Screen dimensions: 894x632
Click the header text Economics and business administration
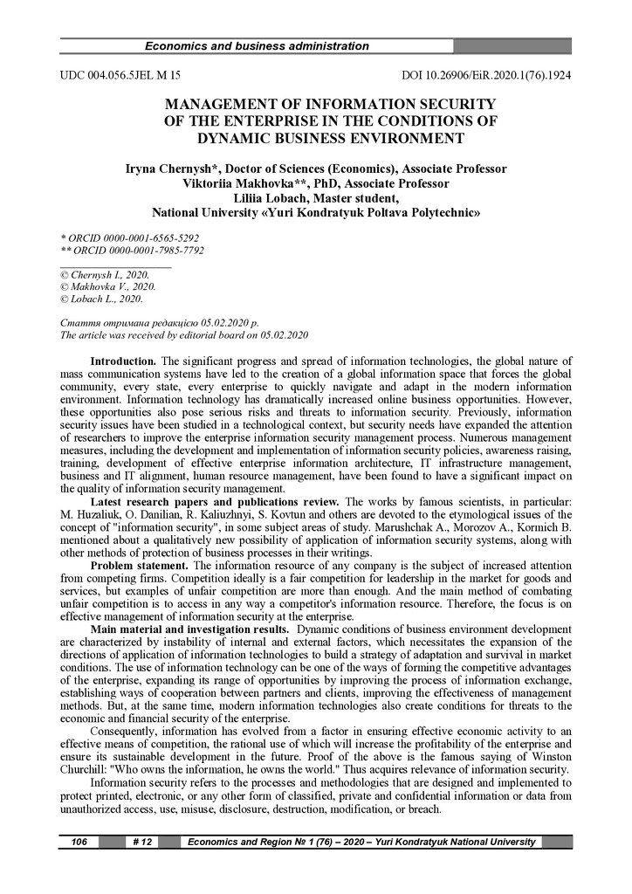(256, 46)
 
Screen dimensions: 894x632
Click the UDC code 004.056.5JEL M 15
(120, 76)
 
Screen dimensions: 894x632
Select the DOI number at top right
(485, 76)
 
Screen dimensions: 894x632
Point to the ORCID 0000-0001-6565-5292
(134, 237)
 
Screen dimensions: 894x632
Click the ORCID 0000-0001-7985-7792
(135, 250)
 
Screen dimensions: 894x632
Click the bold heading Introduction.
(124, 361)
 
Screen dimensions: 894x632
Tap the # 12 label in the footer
(143, 842)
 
